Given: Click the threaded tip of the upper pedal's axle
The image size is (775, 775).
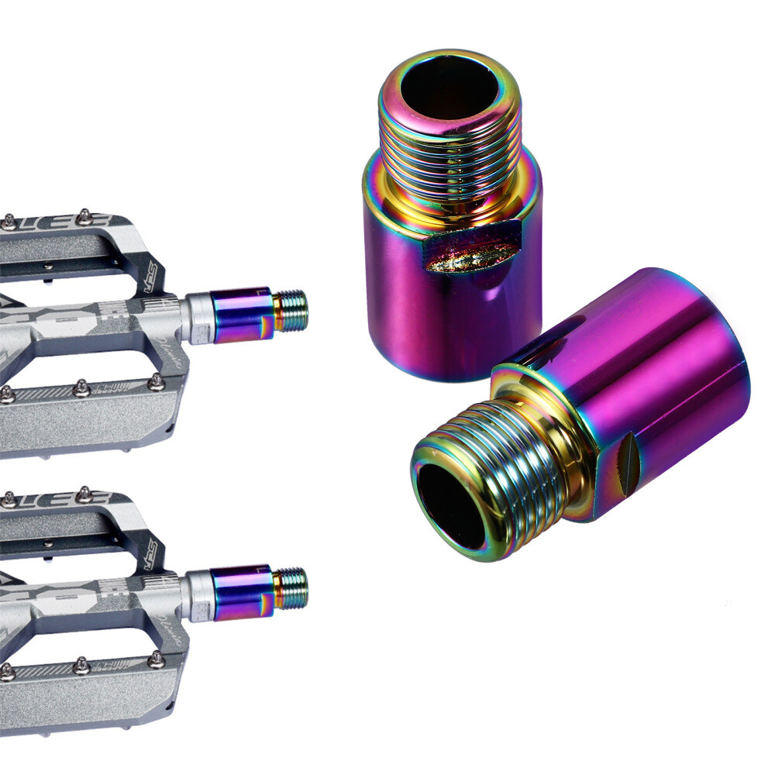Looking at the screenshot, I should coord(291,310).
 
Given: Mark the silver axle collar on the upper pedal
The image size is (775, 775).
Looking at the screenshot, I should coord(198,318).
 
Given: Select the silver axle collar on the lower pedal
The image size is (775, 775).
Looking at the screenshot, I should coord(198,597).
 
